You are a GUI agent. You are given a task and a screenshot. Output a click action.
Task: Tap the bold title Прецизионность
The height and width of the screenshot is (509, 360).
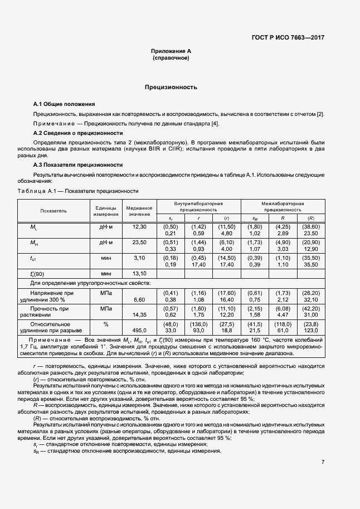tap(171, 87)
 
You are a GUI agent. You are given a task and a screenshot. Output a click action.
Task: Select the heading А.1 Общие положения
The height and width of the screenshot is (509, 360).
tap(64, 104)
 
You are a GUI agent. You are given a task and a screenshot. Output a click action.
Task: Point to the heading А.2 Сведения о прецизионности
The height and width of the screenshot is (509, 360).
tap(78, 133)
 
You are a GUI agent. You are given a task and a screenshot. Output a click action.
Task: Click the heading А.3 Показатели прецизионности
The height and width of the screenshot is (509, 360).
tap(78, 164)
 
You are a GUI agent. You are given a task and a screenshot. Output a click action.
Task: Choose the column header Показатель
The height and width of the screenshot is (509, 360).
tap(53, 211)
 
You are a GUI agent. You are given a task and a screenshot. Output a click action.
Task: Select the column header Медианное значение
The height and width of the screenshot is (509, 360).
tap(139, 211)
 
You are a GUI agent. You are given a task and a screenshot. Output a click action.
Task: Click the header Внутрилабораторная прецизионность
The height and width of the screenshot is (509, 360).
tap(198, 207)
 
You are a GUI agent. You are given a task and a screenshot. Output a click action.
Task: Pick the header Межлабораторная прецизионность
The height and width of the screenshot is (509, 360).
tap(283, 207)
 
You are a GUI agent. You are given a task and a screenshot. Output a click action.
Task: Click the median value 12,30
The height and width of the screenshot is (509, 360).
tap(139, 227)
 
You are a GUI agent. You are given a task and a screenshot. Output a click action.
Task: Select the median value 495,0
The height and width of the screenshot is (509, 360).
tap(139, 330)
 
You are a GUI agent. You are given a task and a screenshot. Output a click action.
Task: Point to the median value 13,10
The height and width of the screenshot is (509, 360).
tap(139, 274)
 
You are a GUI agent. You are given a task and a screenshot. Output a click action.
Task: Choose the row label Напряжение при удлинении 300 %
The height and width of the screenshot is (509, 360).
tap(53, 295)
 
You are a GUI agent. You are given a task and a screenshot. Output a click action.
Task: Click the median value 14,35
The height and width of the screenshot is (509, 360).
tap(139, 314)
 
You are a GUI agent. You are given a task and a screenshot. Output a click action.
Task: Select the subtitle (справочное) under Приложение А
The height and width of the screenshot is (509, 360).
tap(171, 58)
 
